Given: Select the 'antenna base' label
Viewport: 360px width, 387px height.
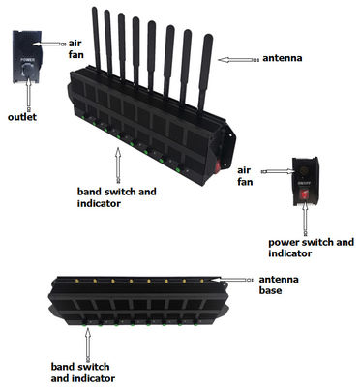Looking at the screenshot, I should [x=281, y=286].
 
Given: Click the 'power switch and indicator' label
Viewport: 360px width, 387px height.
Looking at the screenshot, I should [x=307, y=246].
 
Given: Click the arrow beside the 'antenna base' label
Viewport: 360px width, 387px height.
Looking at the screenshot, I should [x=239, y=280].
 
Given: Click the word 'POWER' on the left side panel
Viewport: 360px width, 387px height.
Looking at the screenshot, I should [x=28, y=59].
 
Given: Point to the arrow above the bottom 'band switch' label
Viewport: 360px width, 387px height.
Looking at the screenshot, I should [x=87, y=341].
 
